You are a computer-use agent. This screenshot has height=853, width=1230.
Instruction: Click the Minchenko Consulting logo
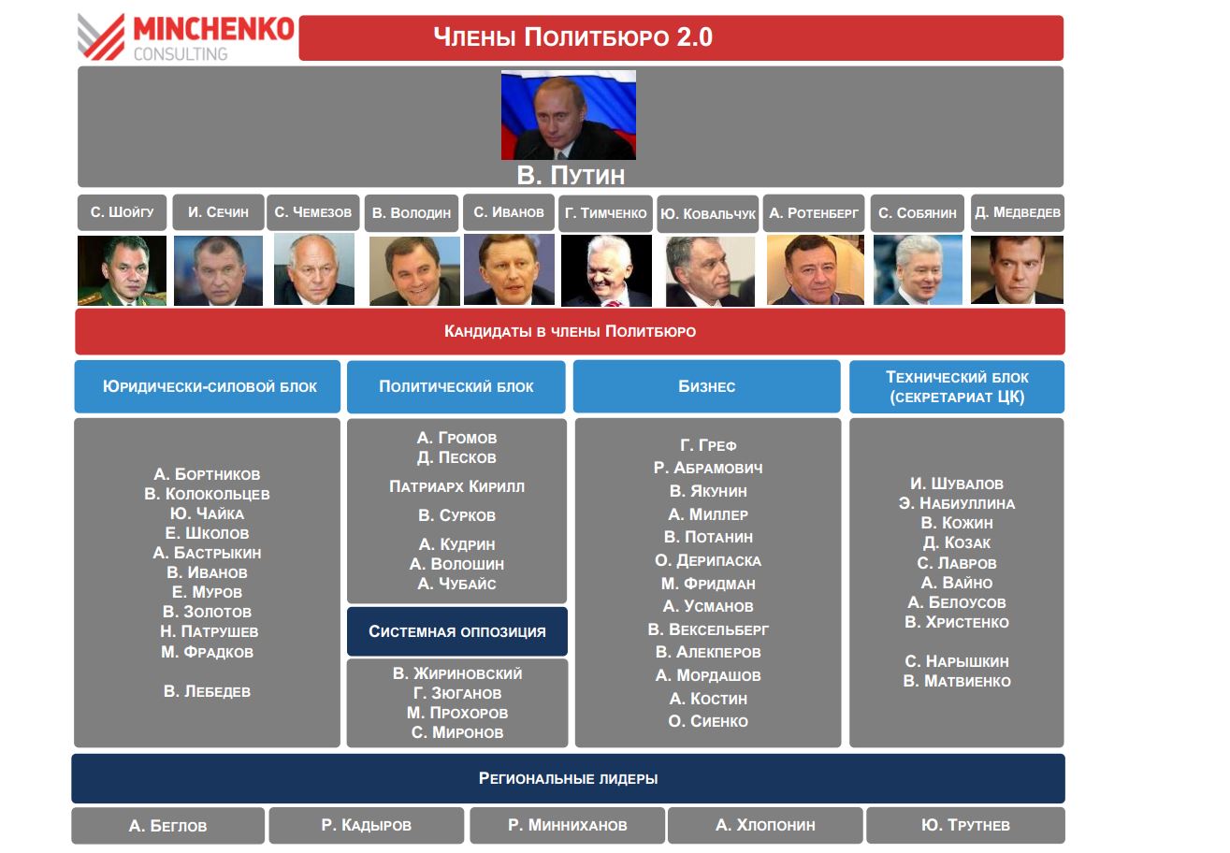(185, 37)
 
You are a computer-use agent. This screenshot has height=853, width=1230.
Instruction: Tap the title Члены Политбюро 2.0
(572, 37)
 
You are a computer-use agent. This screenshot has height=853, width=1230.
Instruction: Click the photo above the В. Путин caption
(569, 115)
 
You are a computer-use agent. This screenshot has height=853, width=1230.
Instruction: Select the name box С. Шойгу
(122, 212)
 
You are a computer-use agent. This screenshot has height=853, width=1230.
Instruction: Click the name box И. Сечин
(218, 212)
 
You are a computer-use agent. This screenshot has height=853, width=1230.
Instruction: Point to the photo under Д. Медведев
(1017, 269)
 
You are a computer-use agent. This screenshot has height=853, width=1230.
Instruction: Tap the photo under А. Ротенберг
(815, 269)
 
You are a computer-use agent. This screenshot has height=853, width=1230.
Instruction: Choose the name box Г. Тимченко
(606, 213)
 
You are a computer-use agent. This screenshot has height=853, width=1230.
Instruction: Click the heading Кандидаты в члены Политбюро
(570, 331)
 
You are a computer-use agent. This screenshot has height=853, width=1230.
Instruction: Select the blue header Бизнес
(707, 386)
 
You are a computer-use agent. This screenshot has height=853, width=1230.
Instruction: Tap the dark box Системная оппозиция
(457, 631)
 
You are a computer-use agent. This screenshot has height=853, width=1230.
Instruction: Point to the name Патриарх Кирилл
(456, 486)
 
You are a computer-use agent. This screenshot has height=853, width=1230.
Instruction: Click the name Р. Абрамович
(708, 468)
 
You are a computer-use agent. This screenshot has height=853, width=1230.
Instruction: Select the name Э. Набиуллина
(957, 503)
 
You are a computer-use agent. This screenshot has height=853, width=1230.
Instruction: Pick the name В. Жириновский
(457, 673)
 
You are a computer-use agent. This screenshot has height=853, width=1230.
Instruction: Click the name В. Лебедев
(207, 691)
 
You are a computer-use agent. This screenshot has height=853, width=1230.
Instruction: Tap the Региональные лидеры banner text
(569, 778)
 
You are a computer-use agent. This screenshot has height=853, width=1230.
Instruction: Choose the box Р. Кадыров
(367, 825)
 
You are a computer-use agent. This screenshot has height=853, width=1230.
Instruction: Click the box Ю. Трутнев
(966, 825)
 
